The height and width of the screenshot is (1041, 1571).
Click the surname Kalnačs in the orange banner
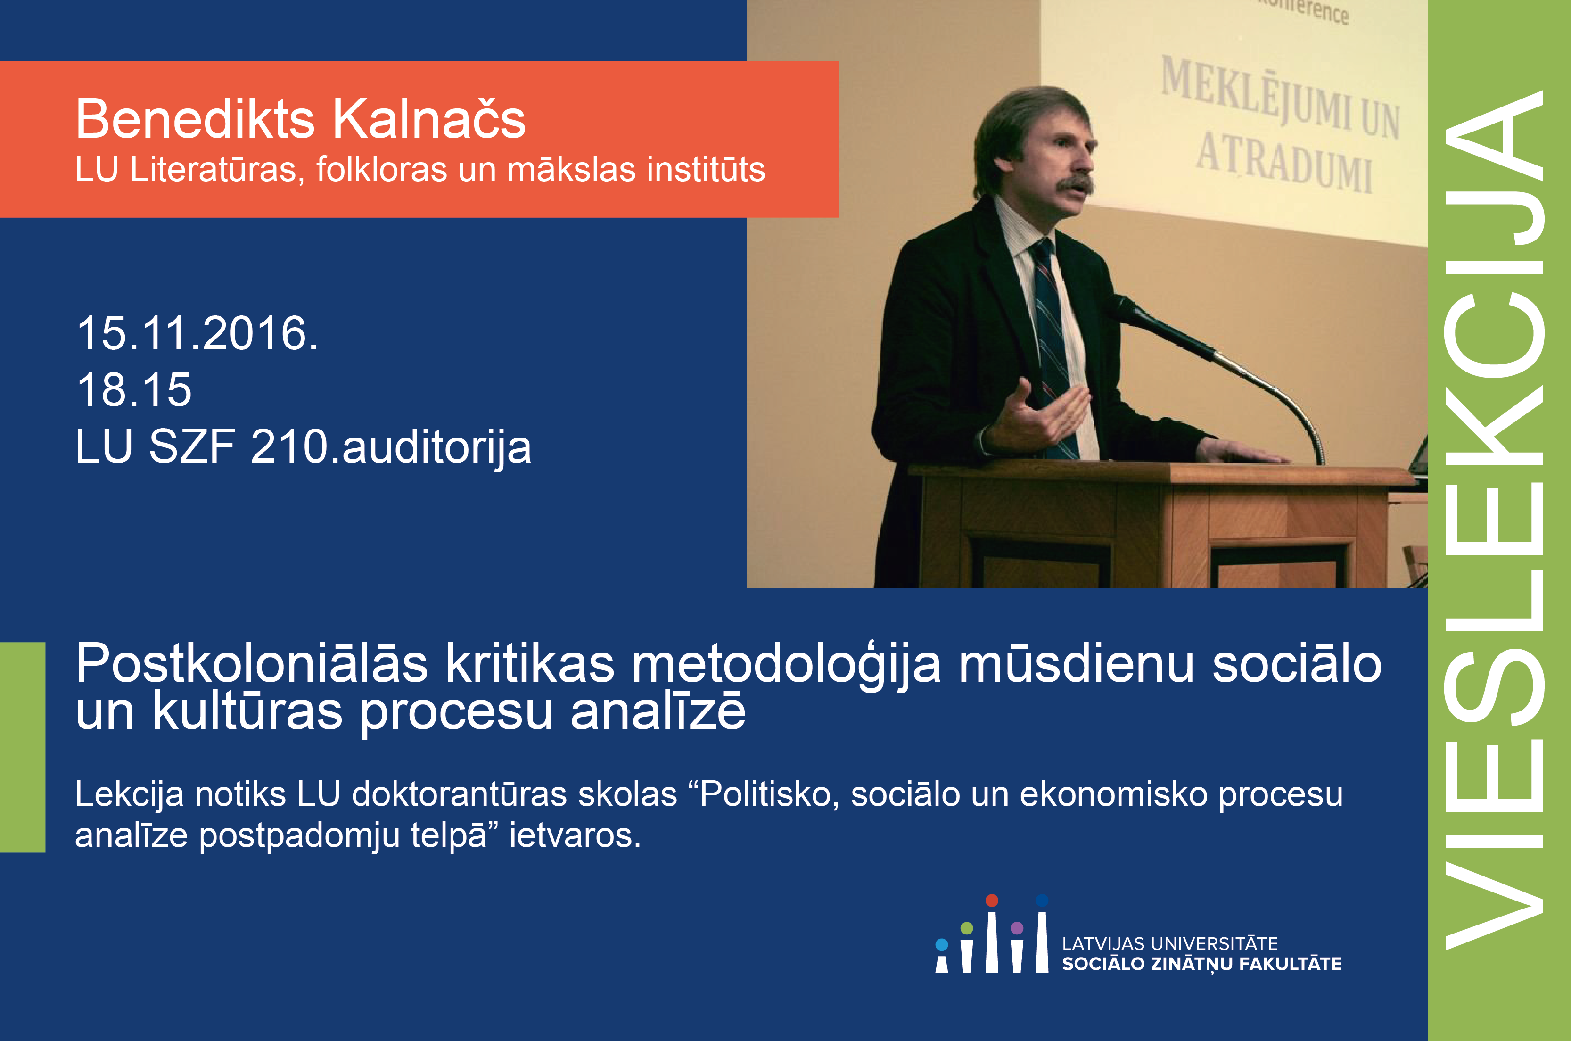click(x=429, y=119)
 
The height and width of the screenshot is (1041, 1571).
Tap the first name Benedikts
click(x=195, y=119)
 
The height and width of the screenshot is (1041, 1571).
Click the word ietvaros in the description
click(x=575, y=835)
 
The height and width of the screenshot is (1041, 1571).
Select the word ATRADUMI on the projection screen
click(x=1284, y=163)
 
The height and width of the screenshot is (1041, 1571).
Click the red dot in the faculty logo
click(x=992, y=900)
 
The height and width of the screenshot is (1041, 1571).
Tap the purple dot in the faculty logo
click(x=1017, y=927)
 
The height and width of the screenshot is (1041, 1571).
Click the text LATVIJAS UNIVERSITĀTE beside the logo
click(x=1169, y=943)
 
